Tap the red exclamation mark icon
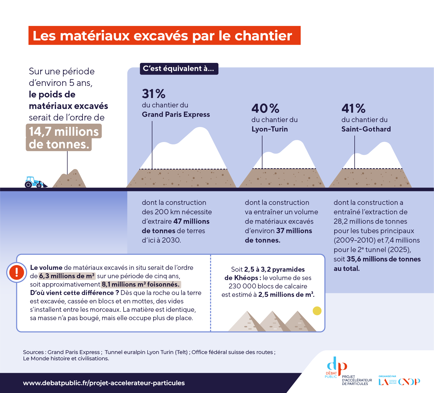[x=17, y=272]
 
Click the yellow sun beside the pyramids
[x=317, y=311]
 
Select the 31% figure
[x=154, y=94]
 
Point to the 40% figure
[x=265, y=108]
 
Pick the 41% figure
[x=354, y=108]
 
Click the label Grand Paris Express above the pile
[x=176, y=114]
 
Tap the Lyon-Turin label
[x=270, y=129]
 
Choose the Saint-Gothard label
[x=366, y=129]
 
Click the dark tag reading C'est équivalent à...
[x=179, y=69]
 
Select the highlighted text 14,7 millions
[x=64, y=131]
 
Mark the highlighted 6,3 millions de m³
[x=67, y=276]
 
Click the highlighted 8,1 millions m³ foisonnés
[x=141, y=284]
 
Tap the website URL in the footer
[x=104, y=383]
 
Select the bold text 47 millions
[x=191, y=221]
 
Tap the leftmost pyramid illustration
[x=247, y=321]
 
